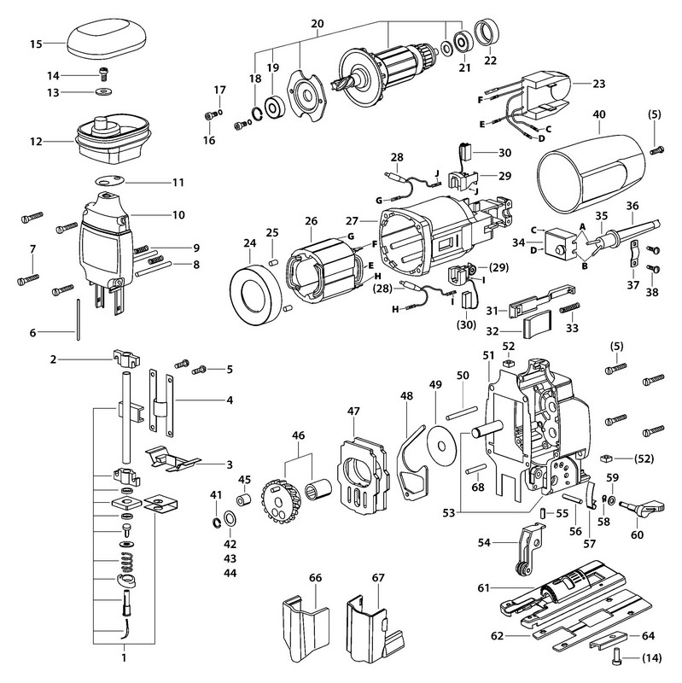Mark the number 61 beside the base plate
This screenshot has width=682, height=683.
482,589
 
